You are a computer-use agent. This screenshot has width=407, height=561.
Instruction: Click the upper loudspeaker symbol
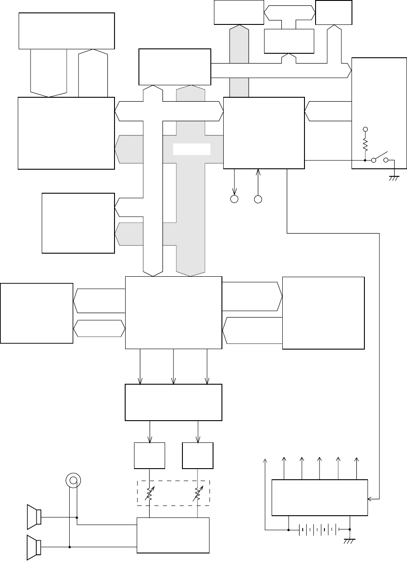pos(34,517)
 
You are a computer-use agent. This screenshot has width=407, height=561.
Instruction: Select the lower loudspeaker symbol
pos(34,546)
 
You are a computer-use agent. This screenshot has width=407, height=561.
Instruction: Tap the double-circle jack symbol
pos(72,480)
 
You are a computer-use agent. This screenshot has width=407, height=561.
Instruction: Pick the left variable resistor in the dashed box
pos(149,493)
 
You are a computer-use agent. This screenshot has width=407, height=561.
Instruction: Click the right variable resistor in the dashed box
pos(197,493)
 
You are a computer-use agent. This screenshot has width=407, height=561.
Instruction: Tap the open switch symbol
pos(380,159)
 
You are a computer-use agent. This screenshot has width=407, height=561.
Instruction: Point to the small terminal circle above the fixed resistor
pos(365,129)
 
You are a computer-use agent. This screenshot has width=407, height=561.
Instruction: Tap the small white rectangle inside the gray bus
pos(191,149)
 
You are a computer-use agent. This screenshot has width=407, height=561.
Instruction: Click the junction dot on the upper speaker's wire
pos(77,517)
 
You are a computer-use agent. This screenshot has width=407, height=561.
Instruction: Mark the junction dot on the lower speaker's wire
pos(70,546)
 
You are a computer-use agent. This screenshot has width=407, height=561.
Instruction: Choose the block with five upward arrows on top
pos(320,497)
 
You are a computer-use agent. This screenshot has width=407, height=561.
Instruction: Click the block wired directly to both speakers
pos(173,535)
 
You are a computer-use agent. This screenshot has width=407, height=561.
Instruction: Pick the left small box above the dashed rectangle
pos(150,455)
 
